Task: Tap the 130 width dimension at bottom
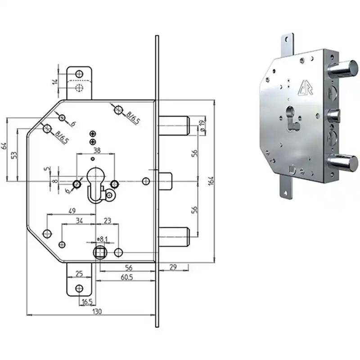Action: point(97,312)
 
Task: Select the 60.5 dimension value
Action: point(127,277)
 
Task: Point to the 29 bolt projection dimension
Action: point(173,267)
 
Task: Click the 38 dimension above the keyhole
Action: point(97,150)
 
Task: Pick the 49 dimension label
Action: point(72,211)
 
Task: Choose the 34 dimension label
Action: point(79,220)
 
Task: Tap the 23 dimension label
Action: point(108,220)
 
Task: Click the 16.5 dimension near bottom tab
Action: point(87,302)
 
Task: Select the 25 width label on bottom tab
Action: point(79,274)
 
